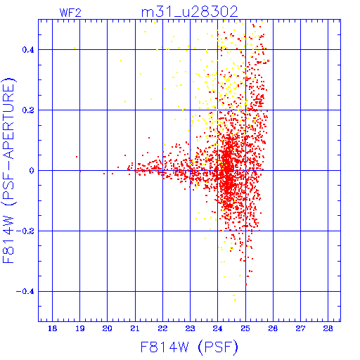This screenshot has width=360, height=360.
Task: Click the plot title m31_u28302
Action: click(x=190, y=11)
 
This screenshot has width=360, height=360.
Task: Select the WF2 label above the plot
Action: click(x=70, y=13)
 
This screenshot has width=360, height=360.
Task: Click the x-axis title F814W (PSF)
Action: click(x=189, y=347)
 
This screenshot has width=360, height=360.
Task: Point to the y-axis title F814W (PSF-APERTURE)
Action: click(x=8, y=170)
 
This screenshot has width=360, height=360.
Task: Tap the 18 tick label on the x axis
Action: click(x=52, y=328)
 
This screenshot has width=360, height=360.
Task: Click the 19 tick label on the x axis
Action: click(x=80, y=328)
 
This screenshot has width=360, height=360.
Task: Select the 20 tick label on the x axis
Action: click(x=108, y=328)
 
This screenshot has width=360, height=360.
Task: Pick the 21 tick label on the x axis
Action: click(x=135, y=328)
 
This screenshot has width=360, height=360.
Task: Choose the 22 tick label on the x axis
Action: click(x=162, y=328)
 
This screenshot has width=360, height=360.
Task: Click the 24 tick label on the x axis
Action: click(x=218, y=328)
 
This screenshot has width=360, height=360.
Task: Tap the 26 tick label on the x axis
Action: click(x=273, y=328)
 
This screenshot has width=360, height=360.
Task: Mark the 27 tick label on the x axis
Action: click(x=300, y=328)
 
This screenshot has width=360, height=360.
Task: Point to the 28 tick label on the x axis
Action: click(x=328, y=328)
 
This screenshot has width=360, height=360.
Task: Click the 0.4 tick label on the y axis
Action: click(x=28, y=50)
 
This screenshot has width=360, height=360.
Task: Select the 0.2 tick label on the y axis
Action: click(x=28, y=110)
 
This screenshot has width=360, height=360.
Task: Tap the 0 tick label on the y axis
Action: click(x=32, y=171)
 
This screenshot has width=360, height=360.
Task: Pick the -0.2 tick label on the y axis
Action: click(x=25, y=231)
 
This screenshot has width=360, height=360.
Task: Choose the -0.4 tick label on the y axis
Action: click(x=25, y=292)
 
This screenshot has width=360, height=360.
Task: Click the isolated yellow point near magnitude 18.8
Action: click(x=75, y=49)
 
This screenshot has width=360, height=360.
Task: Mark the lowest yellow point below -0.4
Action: click(x=235, y=300)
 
